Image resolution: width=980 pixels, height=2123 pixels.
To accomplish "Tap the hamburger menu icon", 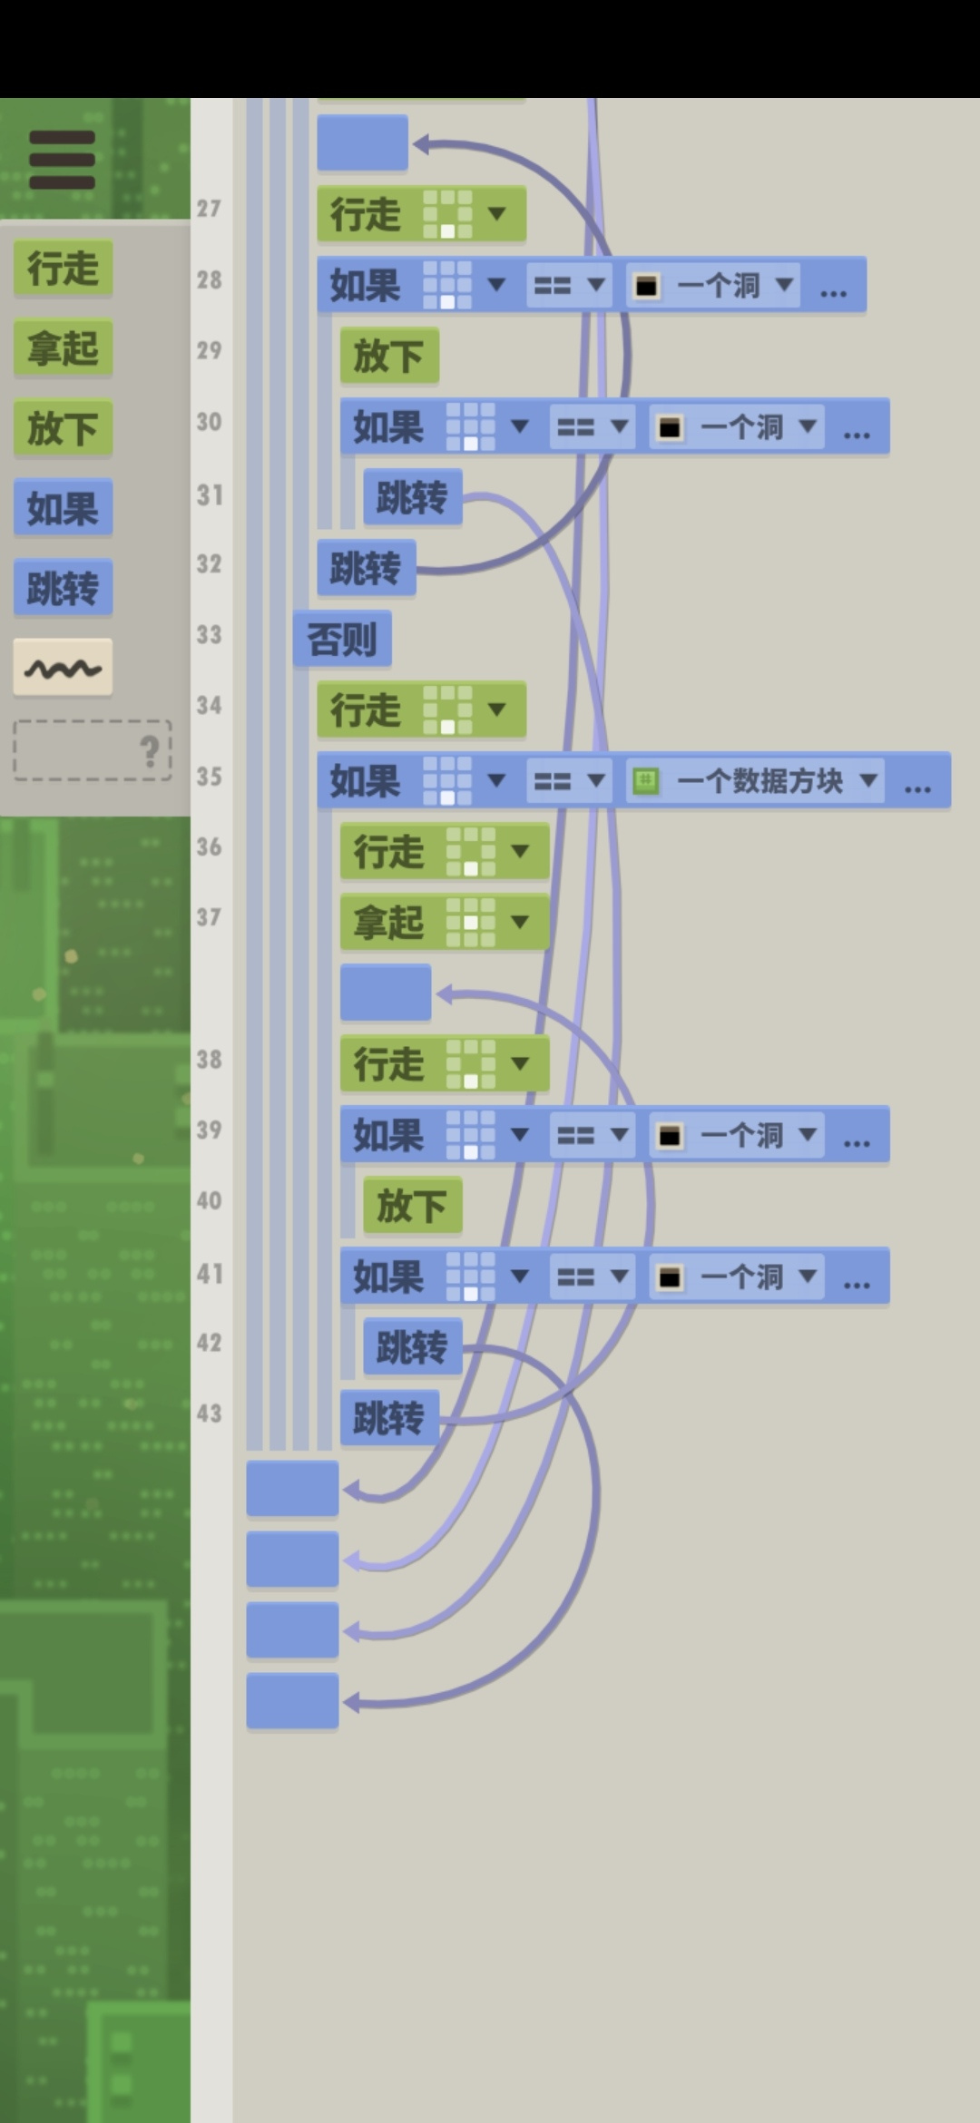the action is (62, 160).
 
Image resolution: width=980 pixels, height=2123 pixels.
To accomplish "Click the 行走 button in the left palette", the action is (63, 269).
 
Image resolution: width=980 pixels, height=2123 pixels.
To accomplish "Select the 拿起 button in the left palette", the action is (63, 348).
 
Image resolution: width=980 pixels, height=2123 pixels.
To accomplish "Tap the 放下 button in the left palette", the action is (63, 428).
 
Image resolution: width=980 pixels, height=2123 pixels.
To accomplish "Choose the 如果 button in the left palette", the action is (63, 508).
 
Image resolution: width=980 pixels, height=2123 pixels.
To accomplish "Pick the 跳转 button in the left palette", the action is (63, 588).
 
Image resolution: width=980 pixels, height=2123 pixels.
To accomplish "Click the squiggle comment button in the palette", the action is (63, 668).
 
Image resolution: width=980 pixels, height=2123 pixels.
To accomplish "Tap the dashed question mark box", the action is (93, 750).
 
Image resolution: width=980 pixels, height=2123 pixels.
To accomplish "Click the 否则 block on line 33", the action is (342, 640).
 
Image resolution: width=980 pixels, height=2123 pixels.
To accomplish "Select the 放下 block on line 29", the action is (389, 356).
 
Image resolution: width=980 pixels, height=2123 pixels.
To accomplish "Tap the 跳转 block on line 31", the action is (413, 497).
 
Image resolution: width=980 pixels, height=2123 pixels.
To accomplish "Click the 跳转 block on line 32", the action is (366, 569).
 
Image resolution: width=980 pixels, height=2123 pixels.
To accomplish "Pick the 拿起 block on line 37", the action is (445, 923).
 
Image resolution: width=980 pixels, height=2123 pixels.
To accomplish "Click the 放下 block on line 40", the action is (413, 1206).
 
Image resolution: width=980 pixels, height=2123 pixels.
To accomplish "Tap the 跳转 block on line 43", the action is (389, 1418).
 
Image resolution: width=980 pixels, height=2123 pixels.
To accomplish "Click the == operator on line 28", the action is (569, 286).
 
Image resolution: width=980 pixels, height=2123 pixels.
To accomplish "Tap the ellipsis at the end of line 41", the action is (857, 1279).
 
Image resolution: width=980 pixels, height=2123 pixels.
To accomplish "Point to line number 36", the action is (210, 846).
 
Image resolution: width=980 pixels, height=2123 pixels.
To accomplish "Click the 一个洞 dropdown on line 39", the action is (737, 1135).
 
